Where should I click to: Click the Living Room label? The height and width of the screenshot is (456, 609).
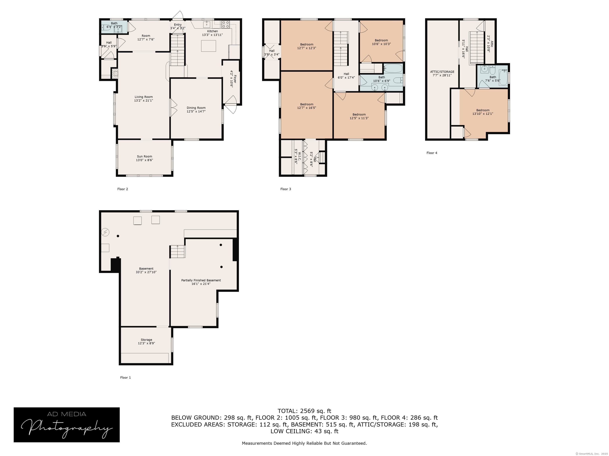[x=144, y=99]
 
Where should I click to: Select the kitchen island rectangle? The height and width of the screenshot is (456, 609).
[x=208, y=46]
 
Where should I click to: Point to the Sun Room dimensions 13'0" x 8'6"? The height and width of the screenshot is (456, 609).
[x=145, y=160]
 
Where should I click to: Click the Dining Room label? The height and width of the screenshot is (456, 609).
[x=196, y=110]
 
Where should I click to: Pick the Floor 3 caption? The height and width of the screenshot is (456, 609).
[x=285, y=189]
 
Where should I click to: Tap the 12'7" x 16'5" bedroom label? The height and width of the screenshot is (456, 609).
[x=307, y=106]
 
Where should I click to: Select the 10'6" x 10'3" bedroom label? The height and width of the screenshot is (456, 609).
[x=381, y=42]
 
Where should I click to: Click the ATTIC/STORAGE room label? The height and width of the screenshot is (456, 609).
[x=442, y=72]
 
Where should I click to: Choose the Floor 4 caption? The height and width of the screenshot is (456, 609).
[x=432, y=153]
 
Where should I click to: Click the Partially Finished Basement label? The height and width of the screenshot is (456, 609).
[x=201, y=280]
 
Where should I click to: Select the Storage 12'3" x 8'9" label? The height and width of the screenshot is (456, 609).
[x=147, y=341]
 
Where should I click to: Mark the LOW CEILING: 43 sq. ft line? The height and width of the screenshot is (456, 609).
[x=304, y=431]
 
